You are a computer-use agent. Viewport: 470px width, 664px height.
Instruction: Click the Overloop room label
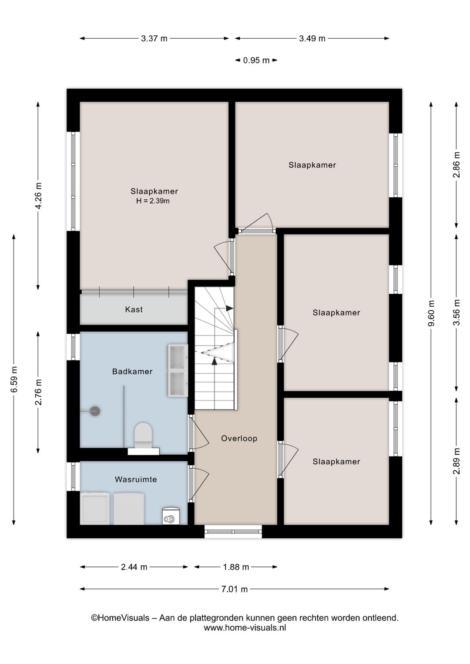tap(239, 439)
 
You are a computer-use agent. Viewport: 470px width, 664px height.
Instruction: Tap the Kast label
tap(134, 309)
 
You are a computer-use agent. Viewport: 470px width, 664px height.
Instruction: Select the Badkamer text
tap(132, 372)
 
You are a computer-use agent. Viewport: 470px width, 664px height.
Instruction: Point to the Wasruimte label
tap(136, 480)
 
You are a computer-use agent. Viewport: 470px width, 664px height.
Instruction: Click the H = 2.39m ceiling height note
tap(153, 201)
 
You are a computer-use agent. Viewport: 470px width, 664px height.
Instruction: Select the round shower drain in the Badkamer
tap(95, 411)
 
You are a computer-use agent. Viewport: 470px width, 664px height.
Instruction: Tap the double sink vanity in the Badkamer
tap(178, 370)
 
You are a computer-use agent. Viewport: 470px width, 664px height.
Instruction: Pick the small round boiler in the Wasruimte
tap(171, 516)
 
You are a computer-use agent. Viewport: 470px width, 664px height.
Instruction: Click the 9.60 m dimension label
tap(431, 313)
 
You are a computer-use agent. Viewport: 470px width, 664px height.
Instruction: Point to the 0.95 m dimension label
tap(256, 60)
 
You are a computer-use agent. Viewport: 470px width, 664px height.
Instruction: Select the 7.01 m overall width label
tap(235, 589)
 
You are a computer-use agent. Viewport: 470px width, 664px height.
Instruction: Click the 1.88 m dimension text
tap(236, 567)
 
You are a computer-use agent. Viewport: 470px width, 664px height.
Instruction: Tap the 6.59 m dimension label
tap(14, 379)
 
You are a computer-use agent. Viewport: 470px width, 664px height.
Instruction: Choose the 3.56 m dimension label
tap(457, 312)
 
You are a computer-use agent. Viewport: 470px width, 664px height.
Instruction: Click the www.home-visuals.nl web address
tap(245, 627)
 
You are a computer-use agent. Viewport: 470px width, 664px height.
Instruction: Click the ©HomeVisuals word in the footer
tap(120, 618)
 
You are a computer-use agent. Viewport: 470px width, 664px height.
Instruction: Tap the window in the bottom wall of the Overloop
tap(233, 531)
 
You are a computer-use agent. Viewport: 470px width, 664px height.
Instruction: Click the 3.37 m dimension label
tap(154, 39)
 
